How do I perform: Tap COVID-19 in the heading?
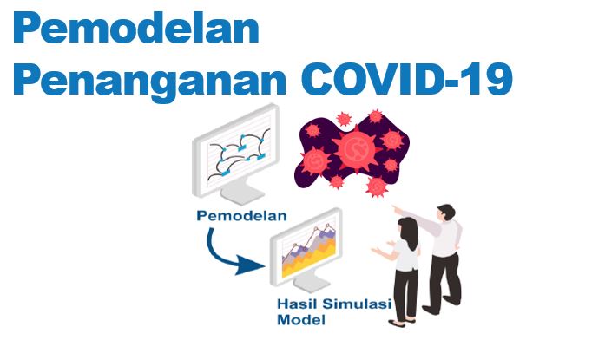[x=406, y=79]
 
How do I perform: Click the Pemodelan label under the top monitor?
[x=241, y=216]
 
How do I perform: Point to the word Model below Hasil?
[x=301, y=320]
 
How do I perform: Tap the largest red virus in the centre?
[x=355, y=150]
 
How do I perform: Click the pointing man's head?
[x=446, y=213]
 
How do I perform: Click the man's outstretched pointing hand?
[x=397, y=209]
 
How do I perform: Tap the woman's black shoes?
[x=402, y=323]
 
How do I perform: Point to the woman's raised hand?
[x=378, y=251]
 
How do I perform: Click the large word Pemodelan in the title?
[x=136, y=28]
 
